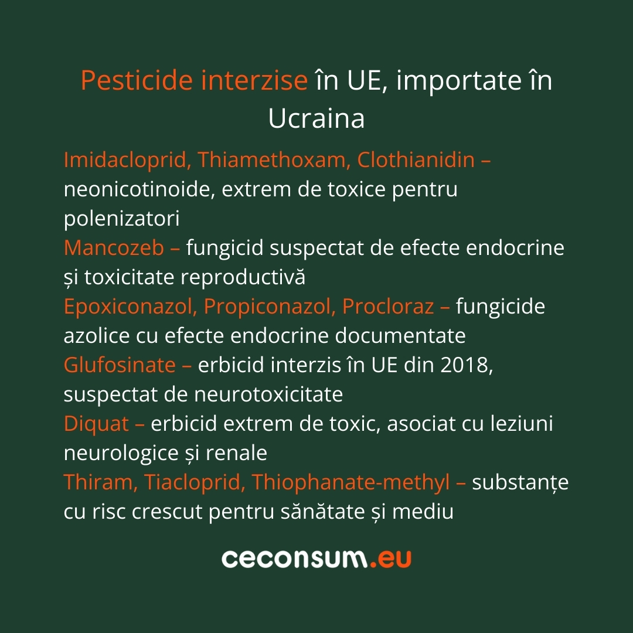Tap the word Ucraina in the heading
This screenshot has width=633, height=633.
(x=316, y=118)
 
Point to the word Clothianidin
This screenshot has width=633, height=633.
(x=416, y=160)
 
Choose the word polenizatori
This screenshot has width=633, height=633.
(x=121, y=219)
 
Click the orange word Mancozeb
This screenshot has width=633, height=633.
(x=114, y=248)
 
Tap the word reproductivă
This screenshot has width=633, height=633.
(x=243, y=277)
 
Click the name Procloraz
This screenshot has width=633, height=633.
(x=388, y=307)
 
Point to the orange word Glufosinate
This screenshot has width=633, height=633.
(x=120, y=365)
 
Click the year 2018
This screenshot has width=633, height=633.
(x=466, y=365)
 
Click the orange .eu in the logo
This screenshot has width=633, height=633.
(x=390, y=559)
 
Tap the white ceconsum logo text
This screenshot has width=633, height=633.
(x=295, y=559)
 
